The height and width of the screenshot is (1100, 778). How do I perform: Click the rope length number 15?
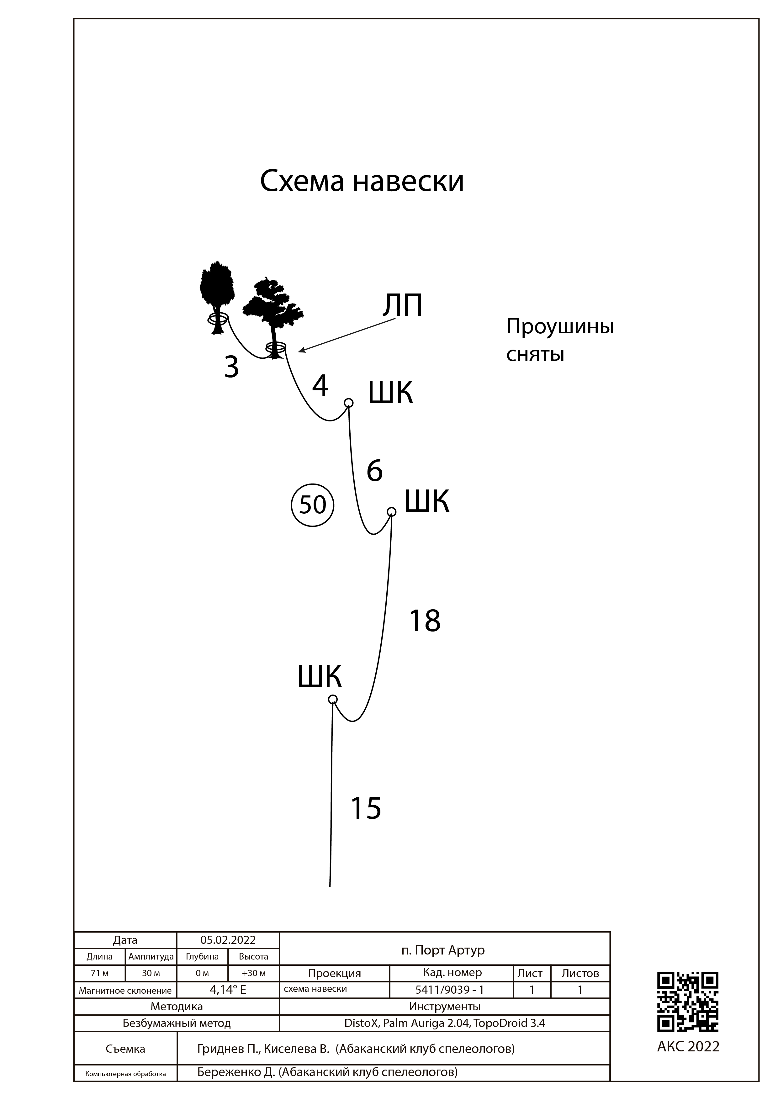click(366, 809)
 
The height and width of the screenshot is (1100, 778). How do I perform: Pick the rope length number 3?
click(231, 368)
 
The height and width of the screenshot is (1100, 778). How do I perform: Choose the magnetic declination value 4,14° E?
click(228, 989)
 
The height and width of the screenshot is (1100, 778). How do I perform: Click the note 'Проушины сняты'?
click(559, 341)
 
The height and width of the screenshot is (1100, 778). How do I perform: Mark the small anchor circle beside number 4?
click(349, 402)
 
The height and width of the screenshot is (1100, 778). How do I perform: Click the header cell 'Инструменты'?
click(444, 1007)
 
